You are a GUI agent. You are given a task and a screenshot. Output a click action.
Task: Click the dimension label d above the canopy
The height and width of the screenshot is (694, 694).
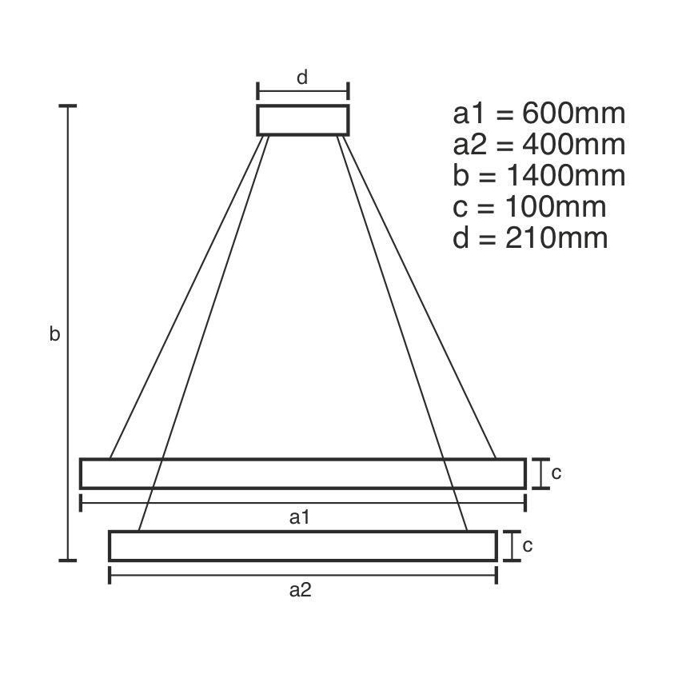coord(302,78)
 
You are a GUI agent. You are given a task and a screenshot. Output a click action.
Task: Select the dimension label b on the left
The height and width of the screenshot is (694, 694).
coord(54,335)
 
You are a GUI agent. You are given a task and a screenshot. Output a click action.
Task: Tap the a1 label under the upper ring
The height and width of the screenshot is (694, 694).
coord(299,517)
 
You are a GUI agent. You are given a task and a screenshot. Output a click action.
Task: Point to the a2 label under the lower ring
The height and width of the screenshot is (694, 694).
coord(299,590)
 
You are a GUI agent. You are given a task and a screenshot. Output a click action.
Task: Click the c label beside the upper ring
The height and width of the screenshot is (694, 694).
coord(556,473)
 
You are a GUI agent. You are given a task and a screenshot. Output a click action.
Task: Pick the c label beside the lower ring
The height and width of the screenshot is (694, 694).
coord(528,545)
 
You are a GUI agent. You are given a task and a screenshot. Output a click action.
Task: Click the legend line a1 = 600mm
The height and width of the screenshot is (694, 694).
coord(539,114)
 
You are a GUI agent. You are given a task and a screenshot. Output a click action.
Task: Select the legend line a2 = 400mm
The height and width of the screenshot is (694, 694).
coord(539,145)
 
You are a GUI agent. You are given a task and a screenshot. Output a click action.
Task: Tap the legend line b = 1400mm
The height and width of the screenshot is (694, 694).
coord(539,176)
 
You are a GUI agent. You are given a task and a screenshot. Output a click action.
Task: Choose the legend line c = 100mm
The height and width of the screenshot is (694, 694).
coord(529,207)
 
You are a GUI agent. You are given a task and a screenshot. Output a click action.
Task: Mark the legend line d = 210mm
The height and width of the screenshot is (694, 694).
coord(530,238)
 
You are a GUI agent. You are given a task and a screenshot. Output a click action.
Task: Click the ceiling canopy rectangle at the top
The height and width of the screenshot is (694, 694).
coord(302,120)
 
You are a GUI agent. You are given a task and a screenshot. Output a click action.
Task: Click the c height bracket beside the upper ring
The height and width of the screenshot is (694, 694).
coord(541,473)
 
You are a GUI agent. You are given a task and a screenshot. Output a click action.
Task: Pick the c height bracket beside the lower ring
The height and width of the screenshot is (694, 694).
coord(513,545)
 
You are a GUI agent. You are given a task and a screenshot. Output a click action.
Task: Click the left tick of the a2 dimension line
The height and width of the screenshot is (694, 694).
coord(110,575)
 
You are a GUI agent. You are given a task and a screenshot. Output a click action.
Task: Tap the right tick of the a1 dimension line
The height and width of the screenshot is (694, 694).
coord(525,503)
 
